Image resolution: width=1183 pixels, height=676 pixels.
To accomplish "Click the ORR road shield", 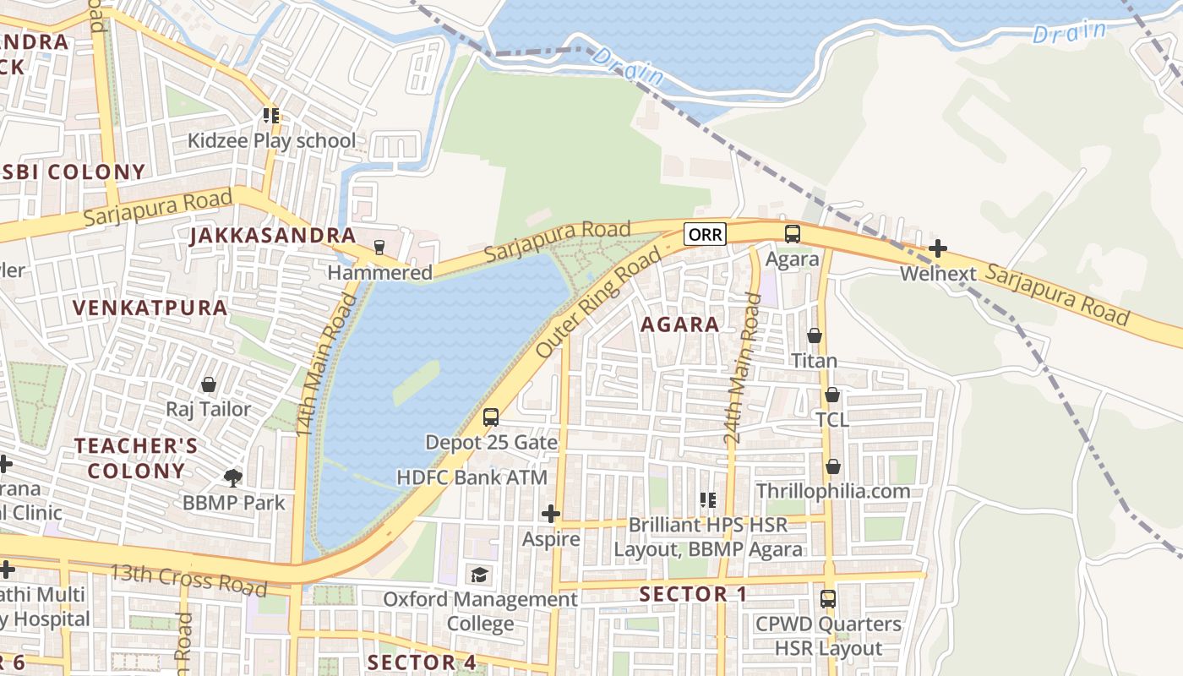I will point(705,234).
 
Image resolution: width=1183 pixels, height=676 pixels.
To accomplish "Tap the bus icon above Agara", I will point(792,234).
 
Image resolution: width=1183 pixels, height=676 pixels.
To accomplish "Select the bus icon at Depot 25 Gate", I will point(490,417).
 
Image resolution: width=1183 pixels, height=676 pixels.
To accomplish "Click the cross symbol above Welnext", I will point(937,248).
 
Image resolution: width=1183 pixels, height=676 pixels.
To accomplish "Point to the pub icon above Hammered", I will point(379,248).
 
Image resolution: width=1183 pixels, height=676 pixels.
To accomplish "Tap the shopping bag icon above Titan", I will point(814,335).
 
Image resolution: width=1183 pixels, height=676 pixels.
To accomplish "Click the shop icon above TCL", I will point(831,395).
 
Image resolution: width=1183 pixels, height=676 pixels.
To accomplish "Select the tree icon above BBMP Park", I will point(233,478).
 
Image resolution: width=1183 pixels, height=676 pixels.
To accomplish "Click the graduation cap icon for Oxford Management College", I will point(480,575).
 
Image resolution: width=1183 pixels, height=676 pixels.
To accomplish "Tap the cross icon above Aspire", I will point(550,513).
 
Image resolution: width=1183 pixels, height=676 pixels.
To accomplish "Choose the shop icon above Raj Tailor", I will point(208,384).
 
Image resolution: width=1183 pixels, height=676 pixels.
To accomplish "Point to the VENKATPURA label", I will point(150,308).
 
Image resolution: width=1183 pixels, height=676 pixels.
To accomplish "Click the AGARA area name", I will point(679,324).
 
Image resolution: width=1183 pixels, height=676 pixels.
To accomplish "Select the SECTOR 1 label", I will point(693,594).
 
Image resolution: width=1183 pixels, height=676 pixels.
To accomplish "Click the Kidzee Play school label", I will point(271,140).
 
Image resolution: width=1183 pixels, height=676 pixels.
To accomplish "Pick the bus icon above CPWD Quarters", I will point(828,599).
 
